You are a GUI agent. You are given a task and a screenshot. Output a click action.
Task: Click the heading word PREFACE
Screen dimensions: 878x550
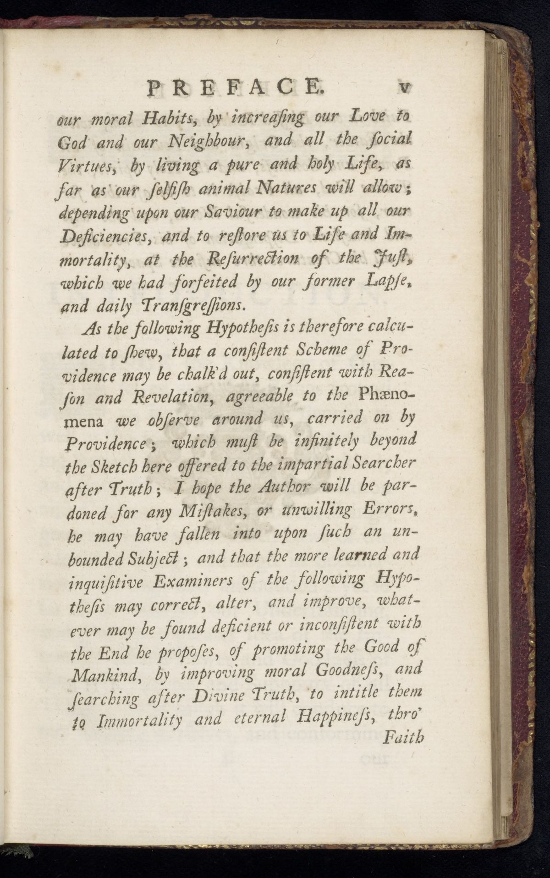(x=236, y=88)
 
